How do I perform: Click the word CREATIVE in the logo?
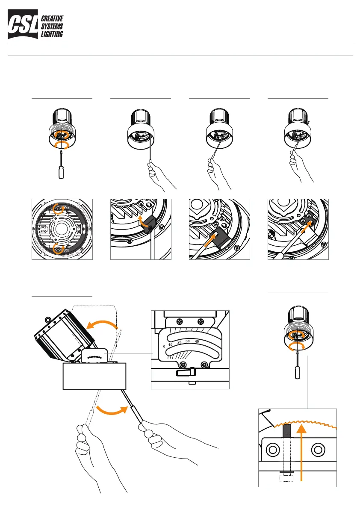[x=52, y=19]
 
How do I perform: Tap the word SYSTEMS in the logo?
[x=51, y=26]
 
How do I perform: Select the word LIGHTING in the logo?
[x=52, y=34]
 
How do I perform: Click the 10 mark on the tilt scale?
[x=170, y=345]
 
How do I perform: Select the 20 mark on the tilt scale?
[x=180, y=342]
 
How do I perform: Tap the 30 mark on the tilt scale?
[x=188, y=341]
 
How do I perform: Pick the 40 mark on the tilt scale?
[x=197, y=341]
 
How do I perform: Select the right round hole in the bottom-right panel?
[x=317, y=450]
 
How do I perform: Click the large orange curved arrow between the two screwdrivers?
[x=112, y=413]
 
